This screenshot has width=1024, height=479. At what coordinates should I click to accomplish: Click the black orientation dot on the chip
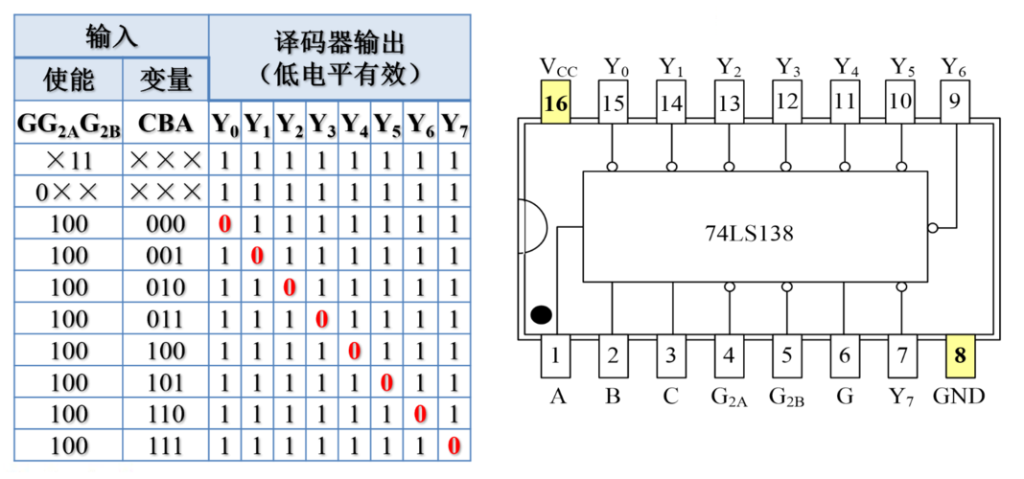tap(541, 314)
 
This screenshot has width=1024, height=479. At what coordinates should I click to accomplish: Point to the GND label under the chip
tap(959, 396)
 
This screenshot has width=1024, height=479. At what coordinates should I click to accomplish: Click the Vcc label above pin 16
tap(557, 67)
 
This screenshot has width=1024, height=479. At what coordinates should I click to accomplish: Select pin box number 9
tap(953, 102)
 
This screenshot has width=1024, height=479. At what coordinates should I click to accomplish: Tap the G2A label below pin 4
tap(730, 397)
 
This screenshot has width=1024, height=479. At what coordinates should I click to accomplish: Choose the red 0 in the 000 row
tap(225, 226)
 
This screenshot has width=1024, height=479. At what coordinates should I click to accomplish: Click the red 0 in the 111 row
tap(454, 445)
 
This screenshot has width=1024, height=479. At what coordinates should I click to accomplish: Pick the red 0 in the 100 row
tap(355, 352)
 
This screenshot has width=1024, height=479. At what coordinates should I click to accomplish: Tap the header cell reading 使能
tap(69, 80)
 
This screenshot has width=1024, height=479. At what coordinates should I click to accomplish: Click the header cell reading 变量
tap(166, 80)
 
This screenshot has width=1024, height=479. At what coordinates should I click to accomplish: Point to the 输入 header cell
tap(111, 36)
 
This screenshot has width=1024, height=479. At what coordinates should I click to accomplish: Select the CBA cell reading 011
tap(166, 320)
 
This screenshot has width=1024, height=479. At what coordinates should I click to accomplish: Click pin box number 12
tap(787, 102)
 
